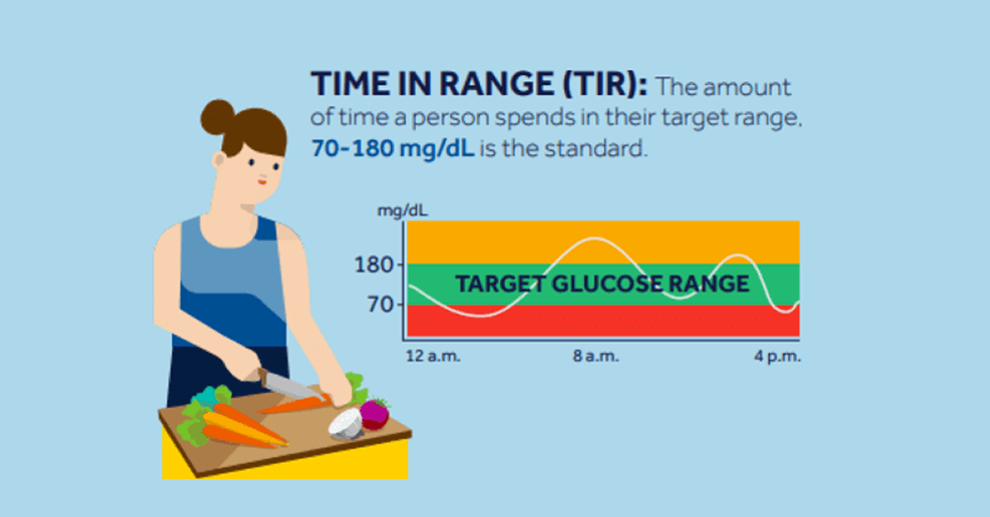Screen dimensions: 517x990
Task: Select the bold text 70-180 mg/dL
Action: point(393,150)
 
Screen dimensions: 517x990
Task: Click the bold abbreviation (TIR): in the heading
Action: point(606,85)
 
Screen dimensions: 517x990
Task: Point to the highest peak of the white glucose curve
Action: point(596,239)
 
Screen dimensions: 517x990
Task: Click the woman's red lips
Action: point(263,181)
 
